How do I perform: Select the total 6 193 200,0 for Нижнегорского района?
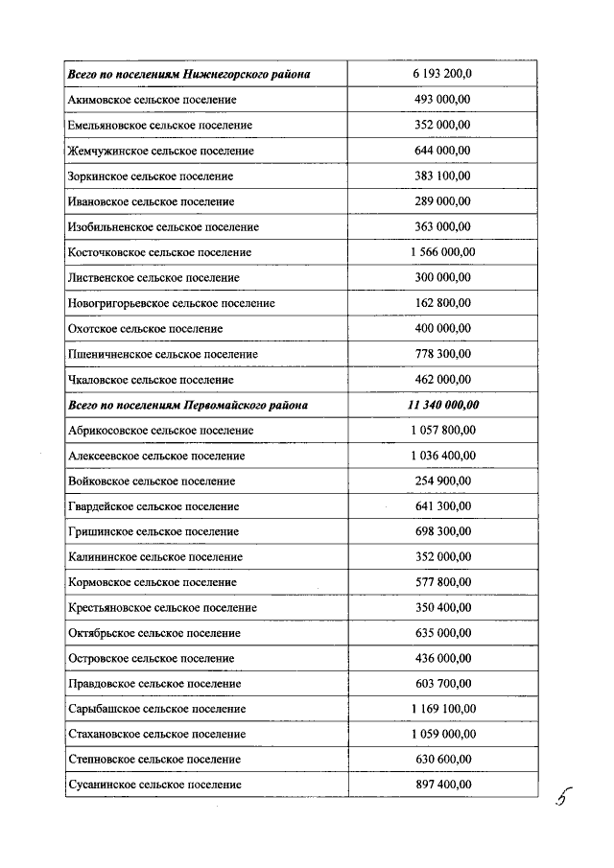point(442,74)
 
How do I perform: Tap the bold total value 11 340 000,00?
point(442,405)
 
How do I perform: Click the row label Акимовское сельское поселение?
point(153,100)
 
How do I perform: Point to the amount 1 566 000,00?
point(442,252)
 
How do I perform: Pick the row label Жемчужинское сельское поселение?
point(161,151)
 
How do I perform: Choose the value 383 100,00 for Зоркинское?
point(442,176)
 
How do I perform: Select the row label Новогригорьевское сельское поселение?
point(172,303)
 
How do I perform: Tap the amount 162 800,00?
point(442,303)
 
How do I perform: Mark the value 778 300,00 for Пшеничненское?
point(442,354)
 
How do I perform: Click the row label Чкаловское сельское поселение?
point(151,379)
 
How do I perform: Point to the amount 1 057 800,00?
point(442,430)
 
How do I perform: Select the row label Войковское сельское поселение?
point(152,481)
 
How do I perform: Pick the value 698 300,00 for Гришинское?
point(442,531)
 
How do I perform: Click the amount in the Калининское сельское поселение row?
point(442,556)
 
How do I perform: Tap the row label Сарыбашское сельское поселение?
point(157,709)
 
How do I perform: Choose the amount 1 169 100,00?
point(442,709)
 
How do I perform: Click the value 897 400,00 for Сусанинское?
point(442,785)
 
